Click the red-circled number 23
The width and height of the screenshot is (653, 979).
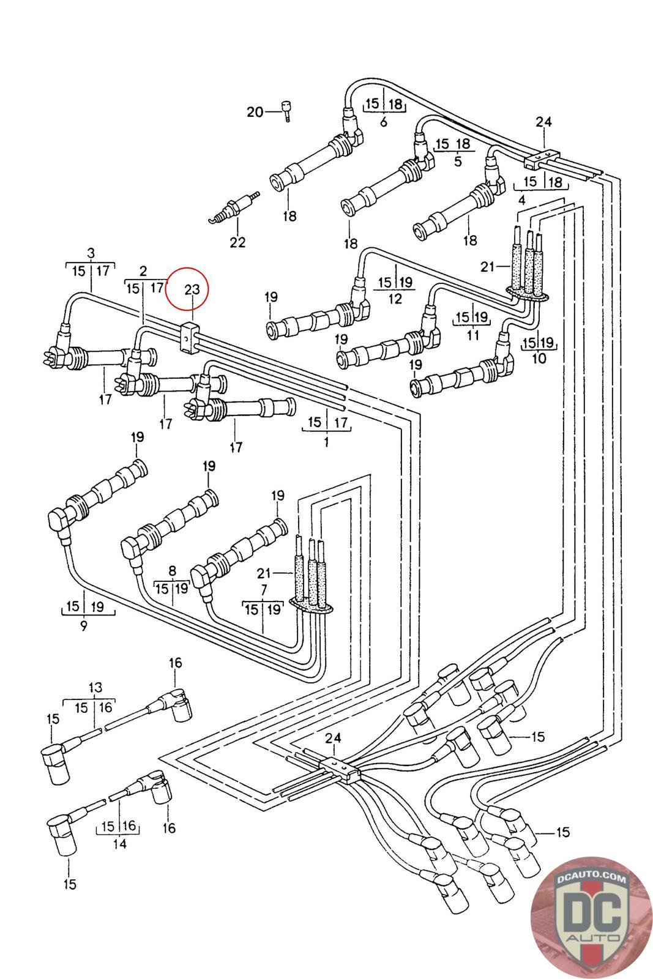pos(192,289)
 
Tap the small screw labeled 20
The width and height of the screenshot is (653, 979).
pos(286,111)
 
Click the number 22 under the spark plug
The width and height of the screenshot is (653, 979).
pos(237,242)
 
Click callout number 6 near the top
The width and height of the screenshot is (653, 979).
pos(384,122)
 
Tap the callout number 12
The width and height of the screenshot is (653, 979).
pos(395,299)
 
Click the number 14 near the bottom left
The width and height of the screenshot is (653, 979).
pos(120,844)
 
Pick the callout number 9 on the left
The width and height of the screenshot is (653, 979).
pos(84,625)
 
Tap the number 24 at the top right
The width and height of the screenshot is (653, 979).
pos(543,122)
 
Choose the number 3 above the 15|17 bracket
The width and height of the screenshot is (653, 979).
pos(91,253)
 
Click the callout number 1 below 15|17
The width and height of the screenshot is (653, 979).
pos(326,441)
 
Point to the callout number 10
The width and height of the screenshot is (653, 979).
pos(539,359)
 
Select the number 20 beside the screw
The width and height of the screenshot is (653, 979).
pos(255,111)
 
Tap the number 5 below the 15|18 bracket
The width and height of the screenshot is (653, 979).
pos(458,162)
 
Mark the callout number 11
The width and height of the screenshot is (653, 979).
pos(472,336)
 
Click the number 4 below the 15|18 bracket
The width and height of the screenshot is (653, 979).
pos(521,199)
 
